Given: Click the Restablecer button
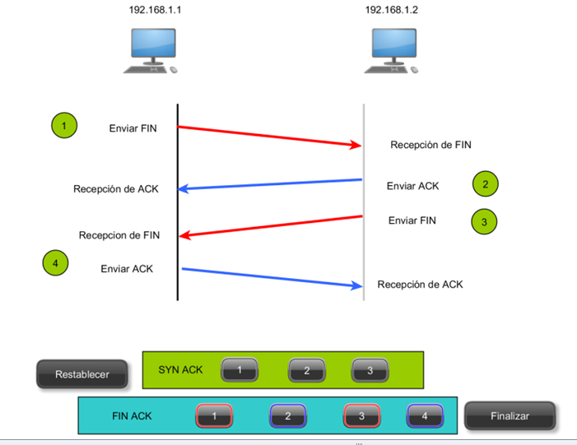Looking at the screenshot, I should pos(82,374).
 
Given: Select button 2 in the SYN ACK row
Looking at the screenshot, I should pos(306,371).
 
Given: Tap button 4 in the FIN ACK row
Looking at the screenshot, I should pos(425,416).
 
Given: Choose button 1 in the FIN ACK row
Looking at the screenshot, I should pos(215,416).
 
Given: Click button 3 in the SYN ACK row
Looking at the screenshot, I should pos(370,371).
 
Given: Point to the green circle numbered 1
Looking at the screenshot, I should pos(63,126).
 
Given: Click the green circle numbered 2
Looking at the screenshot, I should pos(486,184).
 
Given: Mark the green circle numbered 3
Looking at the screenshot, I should pos(485,221).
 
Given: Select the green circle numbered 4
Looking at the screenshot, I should pos(55,264).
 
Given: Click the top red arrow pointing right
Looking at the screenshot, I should pos(270,137).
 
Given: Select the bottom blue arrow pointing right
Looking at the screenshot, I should pos(272,277).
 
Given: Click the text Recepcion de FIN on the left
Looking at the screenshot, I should pos(119,235).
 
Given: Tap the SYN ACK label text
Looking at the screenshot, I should pos(180,370).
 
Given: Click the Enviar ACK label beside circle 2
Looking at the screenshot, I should pos(413,186).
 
